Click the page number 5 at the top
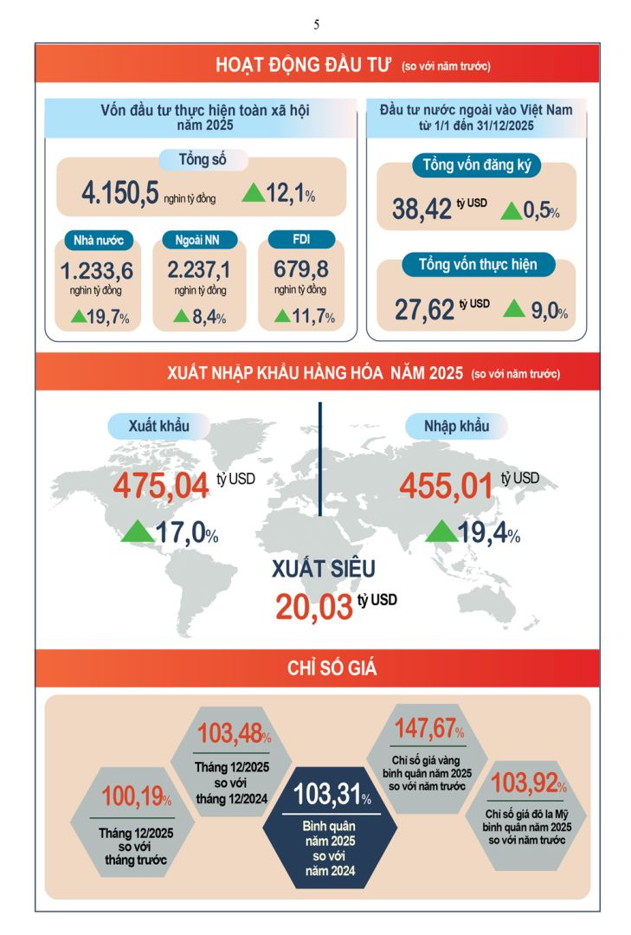click(316, 24)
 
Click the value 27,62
click(424, 308)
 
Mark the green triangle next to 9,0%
click(515, 306)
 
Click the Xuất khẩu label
click(158, 426)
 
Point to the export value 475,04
click(161, 485)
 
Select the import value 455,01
click(446, 485)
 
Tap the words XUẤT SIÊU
click(325, 569)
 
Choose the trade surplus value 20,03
click(314, 606)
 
